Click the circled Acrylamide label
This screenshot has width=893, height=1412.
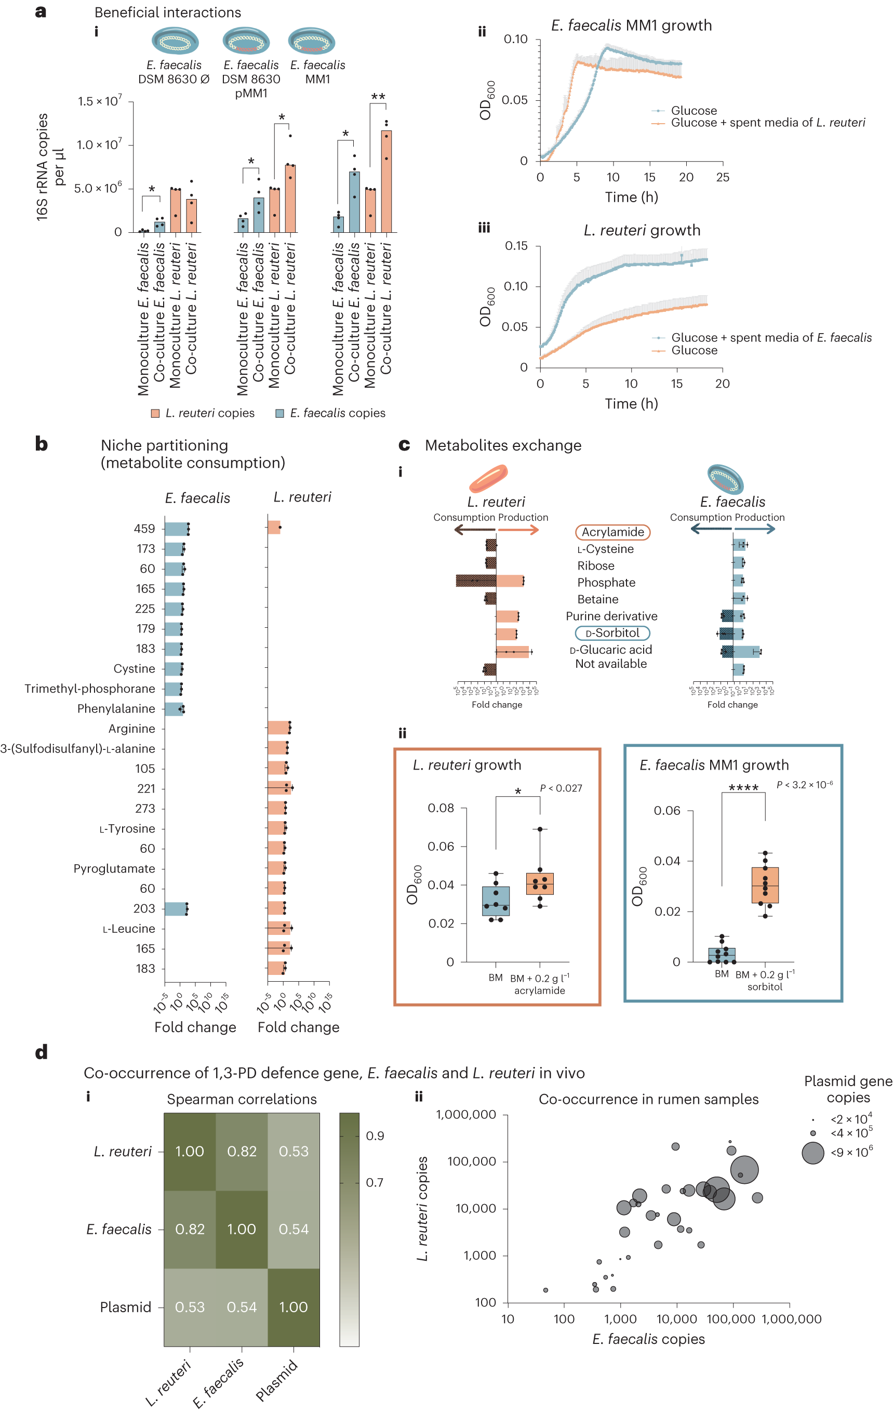[x=612, y=532]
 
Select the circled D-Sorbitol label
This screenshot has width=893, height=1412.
[x=612, y=632]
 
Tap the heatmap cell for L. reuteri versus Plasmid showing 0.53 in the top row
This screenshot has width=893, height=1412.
[x=294, y=1151]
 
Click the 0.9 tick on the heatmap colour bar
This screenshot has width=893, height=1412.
[x=375, y=1136]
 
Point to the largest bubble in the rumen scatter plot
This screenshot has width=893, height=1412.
[x=744, y=1169]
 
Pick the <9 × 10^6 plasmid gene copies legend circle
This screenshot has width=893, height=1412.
[x=812, y=1153]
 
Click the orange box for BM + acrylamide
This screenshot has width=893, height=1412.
[x=540, y=883]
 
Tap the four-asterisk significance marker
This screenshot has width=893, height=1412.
[x=743, y=787]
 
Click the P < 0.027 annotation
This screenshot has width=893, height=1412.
[x=561, y=788]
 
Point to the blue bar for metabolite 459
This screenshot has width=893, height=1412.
[x=176, y=529]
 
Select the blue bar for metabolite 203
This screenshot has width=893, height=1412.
[x=175, y=909]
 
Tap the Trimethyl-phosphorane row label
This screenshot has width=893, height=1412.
[x=90, y=689]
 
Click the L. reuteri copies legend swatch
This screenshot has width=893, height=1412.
[x=155, y=413]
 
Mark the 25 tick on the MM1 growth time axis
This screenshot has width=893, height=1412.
[x=723, y=177]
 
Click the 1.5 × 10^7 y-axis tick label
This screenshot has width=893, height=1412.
[x=100, y=101]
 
